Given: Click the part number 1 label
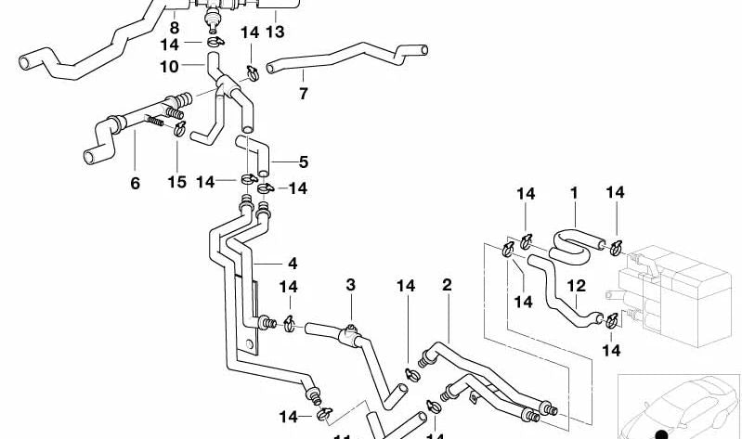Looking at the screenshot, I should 574,193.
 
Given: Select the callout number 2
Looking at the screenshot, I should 447,285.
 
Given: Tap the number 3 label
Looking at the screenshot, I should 351,284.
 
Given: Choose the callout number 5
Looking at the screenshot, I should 303,161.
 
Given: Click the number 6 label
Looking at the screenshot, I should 135,184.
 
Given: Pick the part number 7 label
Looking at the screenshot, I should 303,94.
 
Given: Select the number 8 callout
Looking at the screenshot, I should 174,29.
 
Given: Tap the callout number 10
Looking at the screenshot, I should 168,67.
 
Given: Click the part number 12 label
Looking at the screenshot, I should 577,286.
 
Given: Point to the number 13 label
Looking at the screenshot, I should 273,32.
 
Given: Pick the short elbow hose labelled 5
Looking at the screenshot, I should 253,153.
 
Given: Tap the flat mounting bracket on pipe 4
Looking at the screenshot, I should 252,316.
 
